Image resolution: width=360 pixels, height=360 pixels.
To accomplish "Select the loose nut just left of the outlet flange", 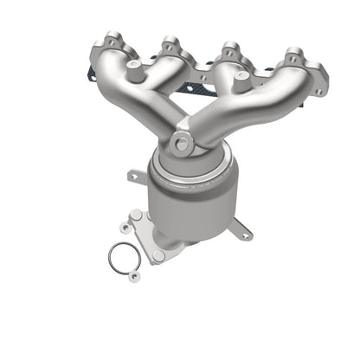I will [x=127, y=228].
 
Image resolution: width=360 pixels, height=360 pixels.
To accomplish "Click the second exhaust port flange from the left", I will [x=170, y=47].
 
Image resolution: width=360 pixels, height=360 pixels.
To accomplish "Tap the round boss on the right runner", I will [x=257, y=73].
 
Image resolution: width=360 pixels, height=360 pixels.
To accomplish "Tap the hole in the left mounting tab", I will [x=132, y=176].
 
